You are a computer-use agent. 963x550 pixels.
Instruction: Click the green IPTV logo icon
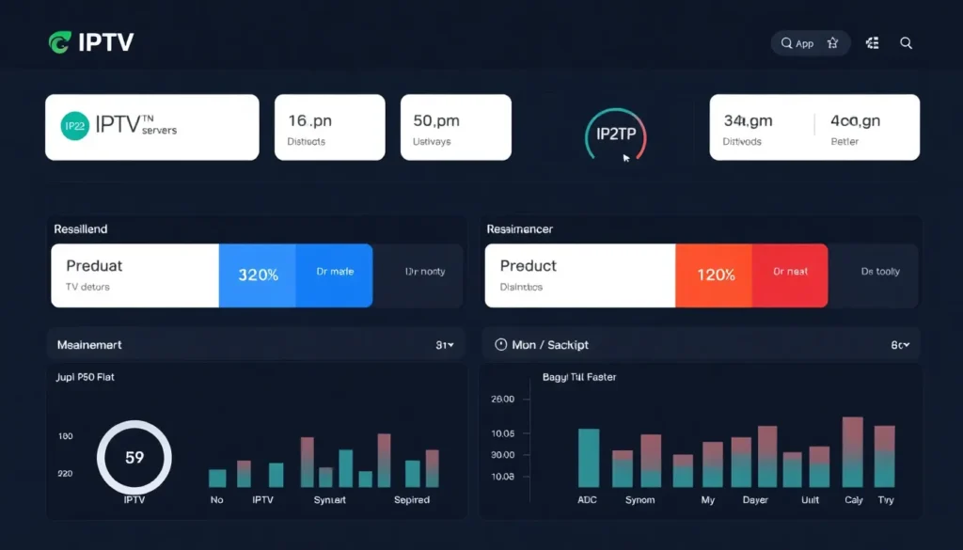58,42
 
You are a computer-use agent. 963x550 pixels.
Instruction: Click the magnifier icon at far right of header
906,43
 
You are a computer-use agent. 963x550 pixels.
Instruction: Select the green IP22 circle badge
74,126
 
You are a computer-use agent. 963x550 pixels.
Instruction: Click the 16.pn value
309,120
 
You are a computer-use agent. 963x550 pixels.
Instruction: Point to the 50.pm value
435,120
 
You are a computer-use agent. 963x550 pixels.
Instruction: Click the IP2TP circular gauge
616,135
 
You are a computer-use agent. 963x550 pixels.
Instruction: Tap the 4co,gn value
855,120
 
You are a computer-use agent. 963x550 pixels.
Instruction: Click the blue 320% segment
258,275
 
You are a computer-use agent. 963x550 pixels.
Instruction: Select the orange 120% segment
715,275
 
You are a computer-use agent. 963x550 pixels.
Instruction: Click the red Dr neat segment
790,273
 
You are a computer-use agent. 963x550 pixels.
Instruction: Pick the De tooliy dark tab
880,273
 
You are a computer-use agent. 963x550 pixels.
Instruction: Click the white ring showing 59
134,458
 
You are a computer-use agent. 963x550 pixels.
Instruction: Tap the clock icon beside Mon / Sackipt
500,345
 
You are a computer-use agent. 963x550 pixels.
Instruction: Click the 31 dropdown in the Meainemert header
445,345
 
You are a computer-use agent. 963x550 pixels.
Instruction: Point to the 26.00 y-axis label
502,399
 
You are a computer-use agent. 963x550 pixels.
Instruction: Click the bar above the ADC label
588,458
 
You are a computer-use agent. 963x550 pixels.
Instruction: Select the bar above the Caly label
853,452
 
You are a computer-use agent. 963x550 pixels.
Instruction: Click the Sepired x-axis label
412,500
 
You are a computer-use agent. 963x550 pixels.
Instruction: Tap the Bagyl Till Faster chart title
579,377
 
